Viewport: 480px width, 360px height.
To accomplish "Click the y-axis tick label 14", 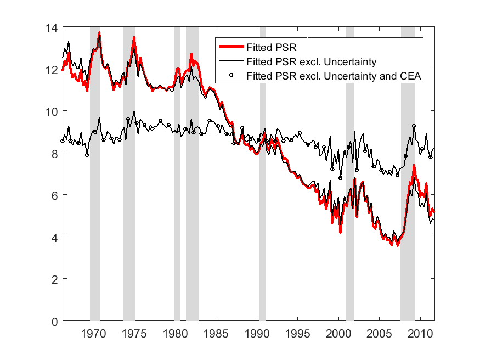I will tap(53, 27).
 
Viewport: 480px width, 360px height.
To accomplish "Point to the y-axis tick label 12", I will tap(53, 69).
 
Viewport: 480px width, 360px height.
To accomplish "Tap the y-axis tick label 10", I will tap(53, 111).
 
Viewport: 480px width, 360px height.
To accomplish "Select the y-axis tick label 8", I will tap(55, 153).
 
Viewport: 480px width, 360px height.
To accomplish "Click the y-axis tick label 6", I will tap(55, 195).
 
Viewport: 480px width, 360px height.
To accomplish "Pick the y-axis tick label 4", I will tap(55, 237).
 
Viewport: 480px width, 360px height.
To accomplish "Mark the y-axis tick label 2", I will tap(55, 279).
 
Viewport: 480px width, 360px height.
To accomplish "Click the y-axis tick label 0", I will tap(55, 321).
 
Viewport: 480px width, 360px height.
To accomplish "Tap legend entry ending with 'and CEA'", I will tap(334, 76).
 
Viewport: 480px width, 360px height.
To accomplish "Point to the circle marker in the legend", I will tap(231, 76).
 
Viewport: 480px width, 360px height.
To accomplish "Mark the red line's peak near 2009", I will tap(414, 166).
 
